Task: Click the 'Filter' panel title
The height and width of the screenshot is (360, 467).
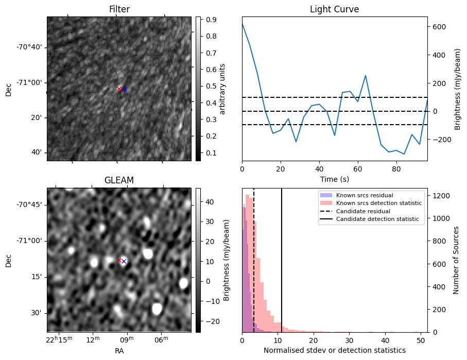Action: click(119, 9)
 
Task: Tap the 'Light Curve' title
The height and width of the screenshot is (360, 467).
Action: click(334, 9)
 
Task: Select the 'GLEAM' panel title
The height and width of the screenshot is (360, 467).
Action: click(119, 180)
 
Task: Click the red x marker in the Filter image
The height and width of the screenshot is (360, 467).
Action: click(119, 89)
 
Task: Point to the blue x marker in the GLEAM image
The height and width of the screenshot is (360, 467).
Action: click(124, 262)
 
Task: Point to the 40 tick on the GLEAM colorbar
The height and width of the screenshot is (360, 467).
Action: click(207, 202)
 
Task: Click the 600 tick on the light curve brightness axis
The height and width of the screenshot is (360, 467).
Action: click(439, 27)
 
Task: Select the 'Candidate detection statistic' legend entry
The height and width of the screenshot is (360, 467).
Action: click(377, 219)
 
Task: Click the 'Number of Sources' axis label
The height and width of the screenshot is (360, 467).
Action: click(456, 260)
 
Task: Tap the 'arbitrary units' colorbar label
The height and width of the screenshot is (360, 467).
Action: click(222, 89)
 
